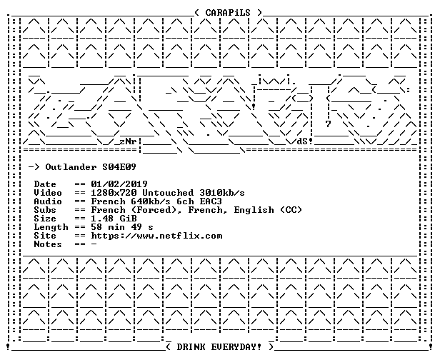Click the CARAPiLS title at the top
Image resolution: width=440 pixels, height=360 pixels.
pos(228,13)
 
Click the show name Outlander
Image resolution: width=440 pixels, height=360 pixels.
pos(71,167)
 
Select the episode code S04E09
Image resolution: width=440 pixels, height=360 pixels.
pos(119,167)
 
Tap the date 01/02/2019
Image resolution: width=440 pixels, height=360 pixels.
pos(119,184)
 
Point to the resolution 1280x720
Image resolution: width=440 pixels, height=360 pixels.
pos(114,193)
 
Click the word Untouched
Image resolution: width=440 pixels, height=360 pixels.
pos(168,193)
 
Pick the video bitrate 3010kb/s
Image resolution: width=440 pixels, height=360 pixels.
pos(222,193)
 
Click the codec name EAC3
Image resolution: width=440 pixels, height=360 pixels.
pos(211,201)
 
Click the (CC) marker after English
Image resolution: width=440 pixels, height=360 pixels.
pos(291,210)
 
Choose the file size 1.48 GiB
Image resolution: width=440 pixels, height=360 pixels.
pos(114,219)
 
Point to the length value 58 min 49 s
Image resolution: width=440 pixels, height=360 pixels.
pos(122,227)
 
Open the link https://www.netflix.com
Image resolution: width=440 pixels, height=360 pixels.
pos(156,236)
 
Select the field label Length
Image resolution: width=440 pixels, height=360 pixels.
pos(51,227)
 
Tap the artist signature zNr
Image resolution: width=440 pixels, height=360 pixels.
pos(128,141)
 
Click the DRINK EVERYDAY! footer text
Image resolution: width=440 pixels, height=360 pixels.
pos(219,347)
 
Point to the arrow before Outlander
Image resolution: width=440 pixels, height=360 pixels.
pos(34,167)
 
